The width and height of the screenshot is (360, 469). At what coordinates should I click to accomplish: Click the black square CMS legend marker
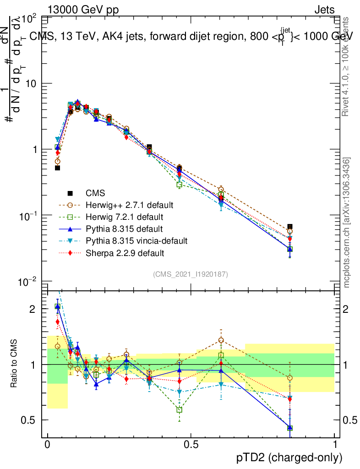tap(71, 192)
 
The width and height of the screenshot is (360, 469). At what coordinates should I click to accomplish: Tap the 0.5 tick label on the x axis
tap(191, 445)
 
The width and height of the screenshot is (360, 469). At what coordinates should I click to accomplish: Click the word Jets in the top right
tap(324, 10)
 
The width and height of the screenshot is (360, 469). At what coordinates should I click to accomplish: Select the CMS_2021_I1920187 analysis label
tap(190, 274)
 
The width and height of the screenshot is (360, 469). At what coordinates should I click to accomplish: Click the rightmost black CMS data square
tap(290, 227)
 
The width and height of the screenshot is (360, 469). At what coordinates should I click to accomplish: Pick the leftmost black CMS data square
tap(58, 168)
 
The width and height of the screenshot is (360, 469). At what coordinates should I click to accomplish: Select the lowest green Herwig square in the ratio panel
tap(290, 428)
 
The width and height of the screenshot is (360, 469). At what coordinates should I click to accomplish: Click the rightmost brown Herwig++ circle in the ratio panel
tap(290, 378)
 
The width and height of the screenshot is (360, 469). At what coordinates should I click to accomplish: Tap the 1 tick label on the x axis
tap(334, 445)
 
